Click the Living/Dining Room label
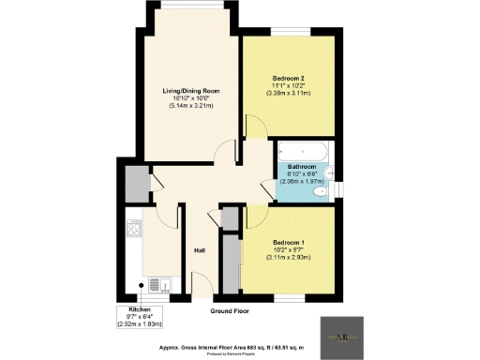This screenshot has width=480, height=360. [191, 91]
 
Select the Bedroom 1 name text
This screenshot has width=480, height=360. [290, 242]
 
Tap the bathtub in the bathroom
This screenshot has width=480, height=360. [303, 149]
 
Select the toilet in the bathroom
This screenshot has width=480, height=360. [322, 191]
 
